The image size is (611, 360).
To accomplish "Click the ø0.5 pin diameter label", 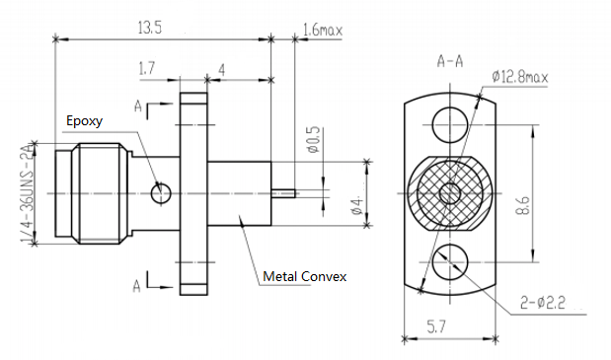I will click(x=313, y=143).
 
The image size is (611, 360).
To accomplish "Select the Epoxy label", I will click(x=84, y=121).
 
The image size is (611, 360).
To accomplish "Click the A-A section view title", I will click(x=450, y=61).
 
